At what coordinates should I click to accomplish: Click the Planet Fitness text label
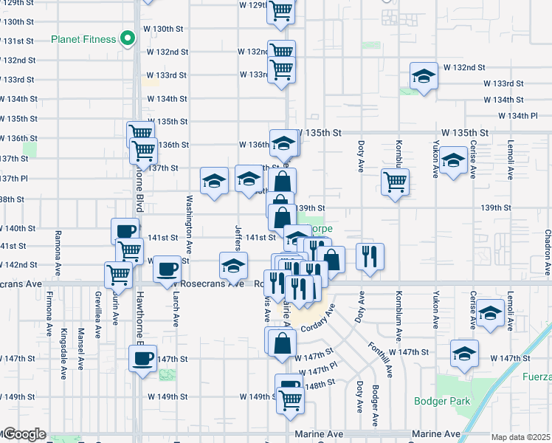pyautogui.click(x=83, y=39)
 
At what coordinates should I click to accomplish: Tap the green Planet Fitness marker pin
pyautogui.click(x=128, y=38)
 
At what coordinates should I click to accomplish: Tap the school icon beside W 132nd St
pyautogui.click(x=424, y=77)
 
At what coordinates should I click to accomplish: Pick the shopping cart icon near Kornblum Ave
pyautogui.click(x=396, y=181)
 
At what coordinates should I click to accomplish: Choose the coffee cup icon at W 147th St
pyautogui.click(x=142, y=360)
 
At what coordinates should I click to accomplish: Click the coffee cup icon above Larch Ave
pyautogui.click(x=167, y=268)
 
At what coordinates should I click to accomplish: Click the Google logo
pyautogui.click(x=24, y=434)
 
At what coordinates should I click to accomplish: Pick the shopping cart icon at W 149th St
pyautogui.click(x=291, y=399)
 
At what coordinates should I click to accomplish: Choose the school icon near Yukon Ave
pyautogui.click(x=454, y=159)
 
